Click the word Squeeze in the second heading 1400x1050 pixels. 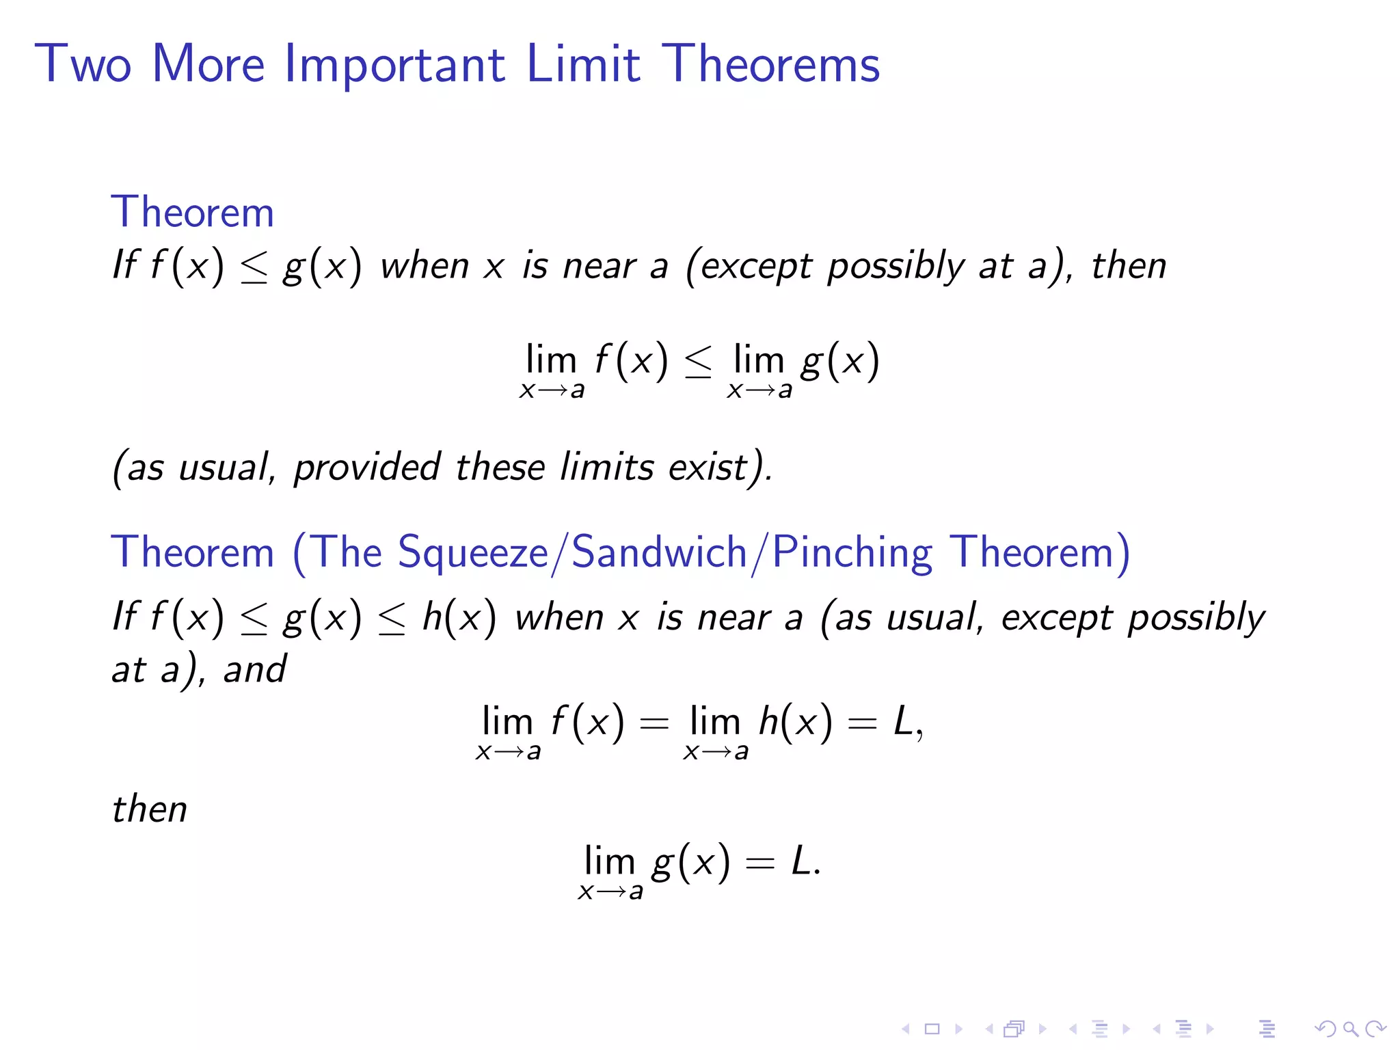point(472,552)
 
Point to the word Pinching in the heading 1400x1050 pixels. point(852,552)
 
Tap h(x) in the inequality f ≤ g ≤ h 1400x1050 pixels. point(459,617)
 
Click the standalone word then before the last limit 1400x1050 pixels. point(150,809)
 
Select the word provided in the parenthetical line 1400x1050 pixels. point(367,468)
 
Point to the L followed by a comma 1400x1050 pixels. point(904,722)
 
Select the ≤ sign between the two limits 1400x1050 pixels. point(698,363)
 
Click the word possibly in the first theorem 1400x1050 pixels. point(896,267)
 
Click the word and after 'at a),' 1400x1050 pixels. point(255,669)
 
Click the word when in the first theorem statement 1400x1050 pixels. point(424,266)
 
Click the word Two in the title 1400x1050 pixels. point(83,65)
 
